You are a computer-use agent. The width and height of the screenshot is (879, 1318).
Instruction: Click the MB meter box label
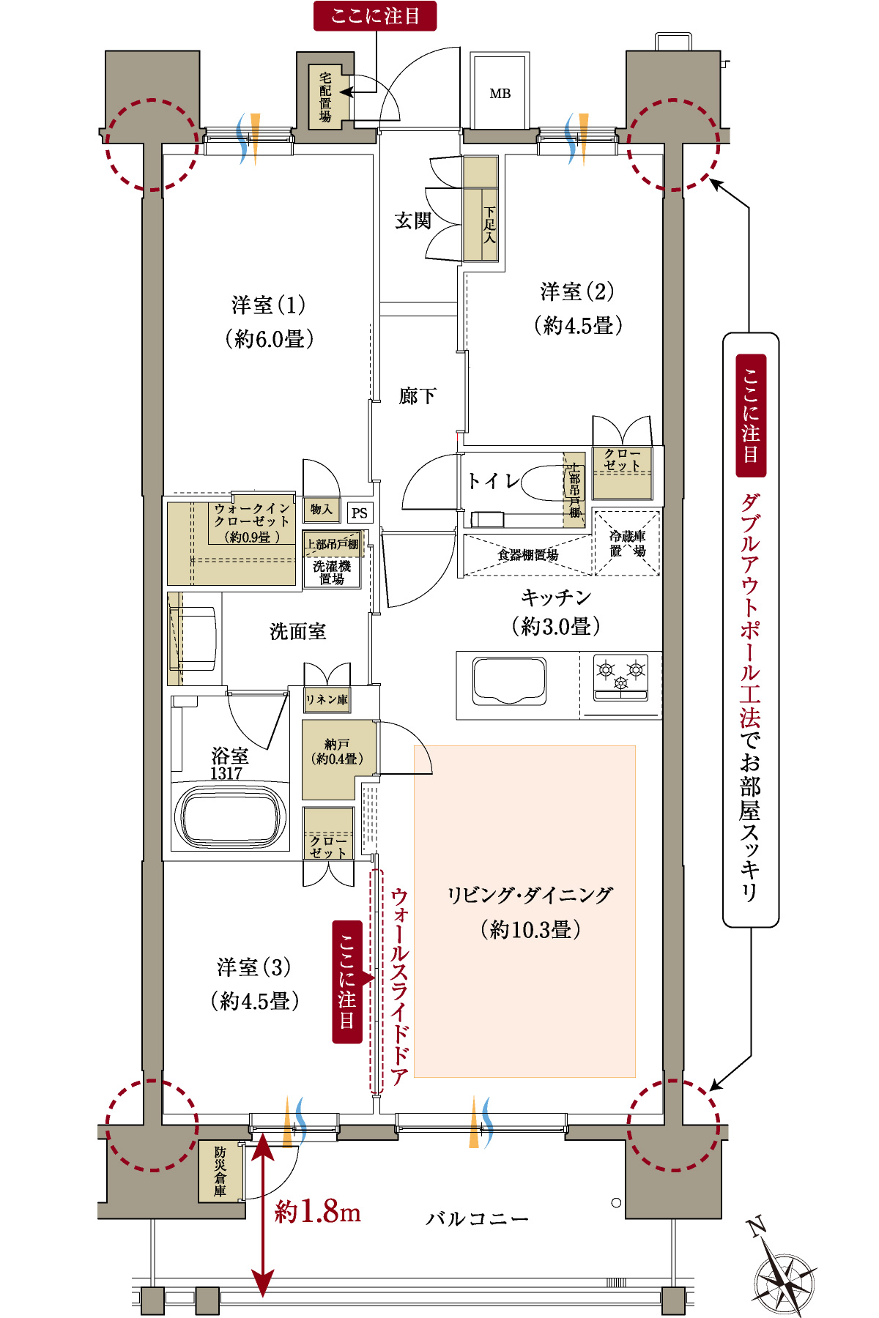click(x=500, y=94)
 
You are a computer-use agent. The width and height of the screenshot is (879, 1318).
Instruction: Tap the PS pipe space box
click(x=359, y=513)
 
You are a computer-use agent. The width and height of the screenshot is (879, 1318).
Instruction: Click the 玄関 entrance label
click(x=413, y=220)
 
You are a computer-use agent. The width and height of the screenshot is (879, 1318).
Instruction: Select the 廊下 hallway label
click(x=418, y=396)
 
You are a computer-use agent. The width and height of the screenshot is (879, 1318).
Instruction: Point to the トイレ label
click(x=493, y=481)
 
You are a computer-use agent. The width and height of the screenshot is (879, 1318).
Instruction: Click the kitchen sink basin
click(x=509, y=680)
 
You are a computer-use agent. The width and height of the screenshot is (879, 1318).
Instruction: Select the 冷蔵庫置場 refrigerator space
click(x=627, y=543)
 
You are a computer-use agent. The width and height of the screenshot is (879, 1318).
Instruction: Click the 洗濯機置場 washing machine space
click(x=332, y=573)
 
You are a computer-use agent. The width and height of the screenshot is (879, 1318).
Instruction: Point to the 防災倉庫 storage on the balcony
click(x=220, y=1171)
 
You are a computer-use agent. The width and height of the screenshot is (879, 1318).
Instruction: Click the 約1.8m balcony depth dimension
click(x=317, y=1213)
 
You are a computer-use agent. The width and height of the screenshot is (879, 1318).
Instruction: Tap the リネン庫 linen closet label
click(x=327, y=700)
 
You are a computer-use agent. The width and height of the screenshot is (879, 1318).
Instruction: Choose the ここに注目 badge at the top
click(x=375, y=15)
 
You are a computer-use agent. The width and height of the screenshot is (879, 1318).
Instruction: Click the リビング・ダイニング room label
click(x=530, y=895)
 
